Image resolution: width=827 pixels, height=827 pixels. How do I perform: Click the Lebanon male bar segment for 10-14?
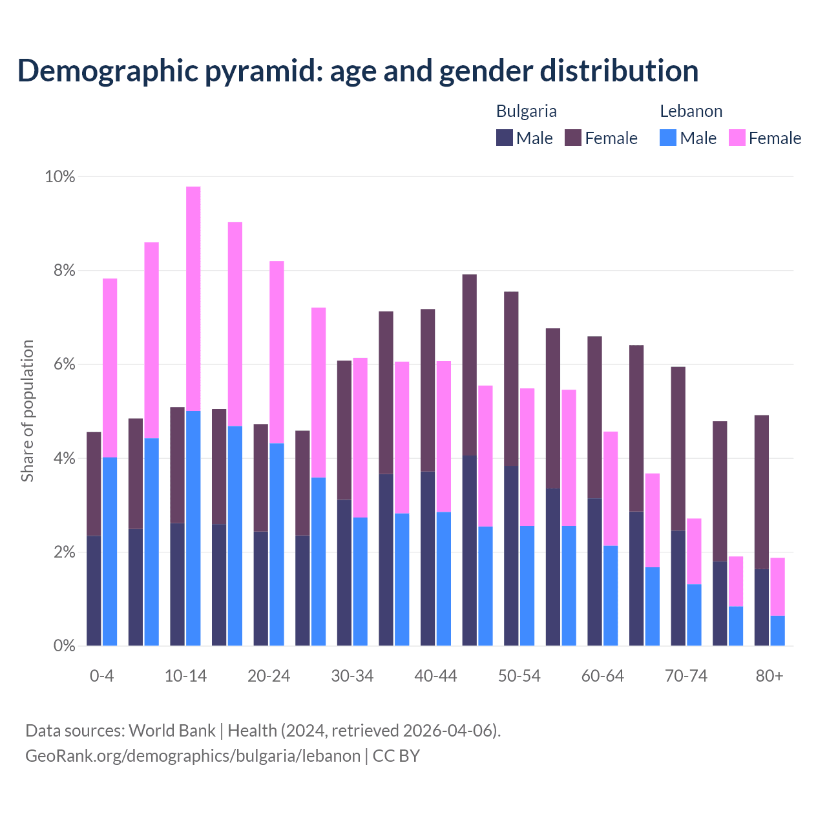point(193,528)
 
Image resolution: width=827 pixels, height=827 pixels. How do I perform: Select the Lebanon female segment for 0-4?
point(110,368)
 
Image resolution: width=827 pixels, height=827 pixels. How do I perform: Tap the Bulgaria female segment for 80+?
point(762,492)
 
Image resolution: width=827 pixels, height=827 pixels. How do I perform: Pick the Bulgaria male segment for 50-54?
point(511,556)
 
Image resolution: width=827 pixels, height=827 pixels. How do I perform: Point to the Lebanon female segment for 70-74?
point(694,551)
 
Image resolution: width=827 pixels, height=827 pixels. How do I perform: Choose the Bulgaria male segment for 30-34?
point(344,572)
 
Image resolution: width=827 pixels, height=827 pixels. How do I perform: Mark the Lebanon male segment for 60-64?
point(611,596)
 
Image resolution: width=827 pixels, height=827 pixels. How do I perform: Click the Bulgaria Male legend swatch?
point(505,138)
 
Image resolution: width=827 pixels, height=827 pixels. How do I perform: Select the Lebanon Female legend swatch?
point(737,138)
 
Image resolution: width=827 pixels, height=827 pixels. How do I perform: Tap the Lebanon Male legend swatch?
point(668,138)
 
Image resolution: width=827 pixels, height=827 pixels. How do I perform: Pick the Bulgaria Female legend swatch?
point(573,138)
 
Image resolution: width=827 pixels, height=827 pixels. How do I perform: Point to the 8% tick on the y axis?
point(60,271)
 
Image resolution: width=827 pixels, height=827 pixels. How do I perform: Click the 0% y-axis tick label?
point(60,645)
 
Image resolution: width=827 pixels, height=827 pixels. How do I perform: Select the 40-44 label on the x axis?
point(435,676)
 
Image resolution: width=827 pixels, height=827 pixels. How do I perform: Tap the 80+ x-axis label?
point(769,676)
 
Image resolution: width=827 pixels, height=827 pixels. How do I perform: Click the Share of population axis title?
point(28,411)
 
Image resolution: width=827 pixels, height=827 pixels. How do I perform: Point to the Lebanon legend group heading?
point(691,111)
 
